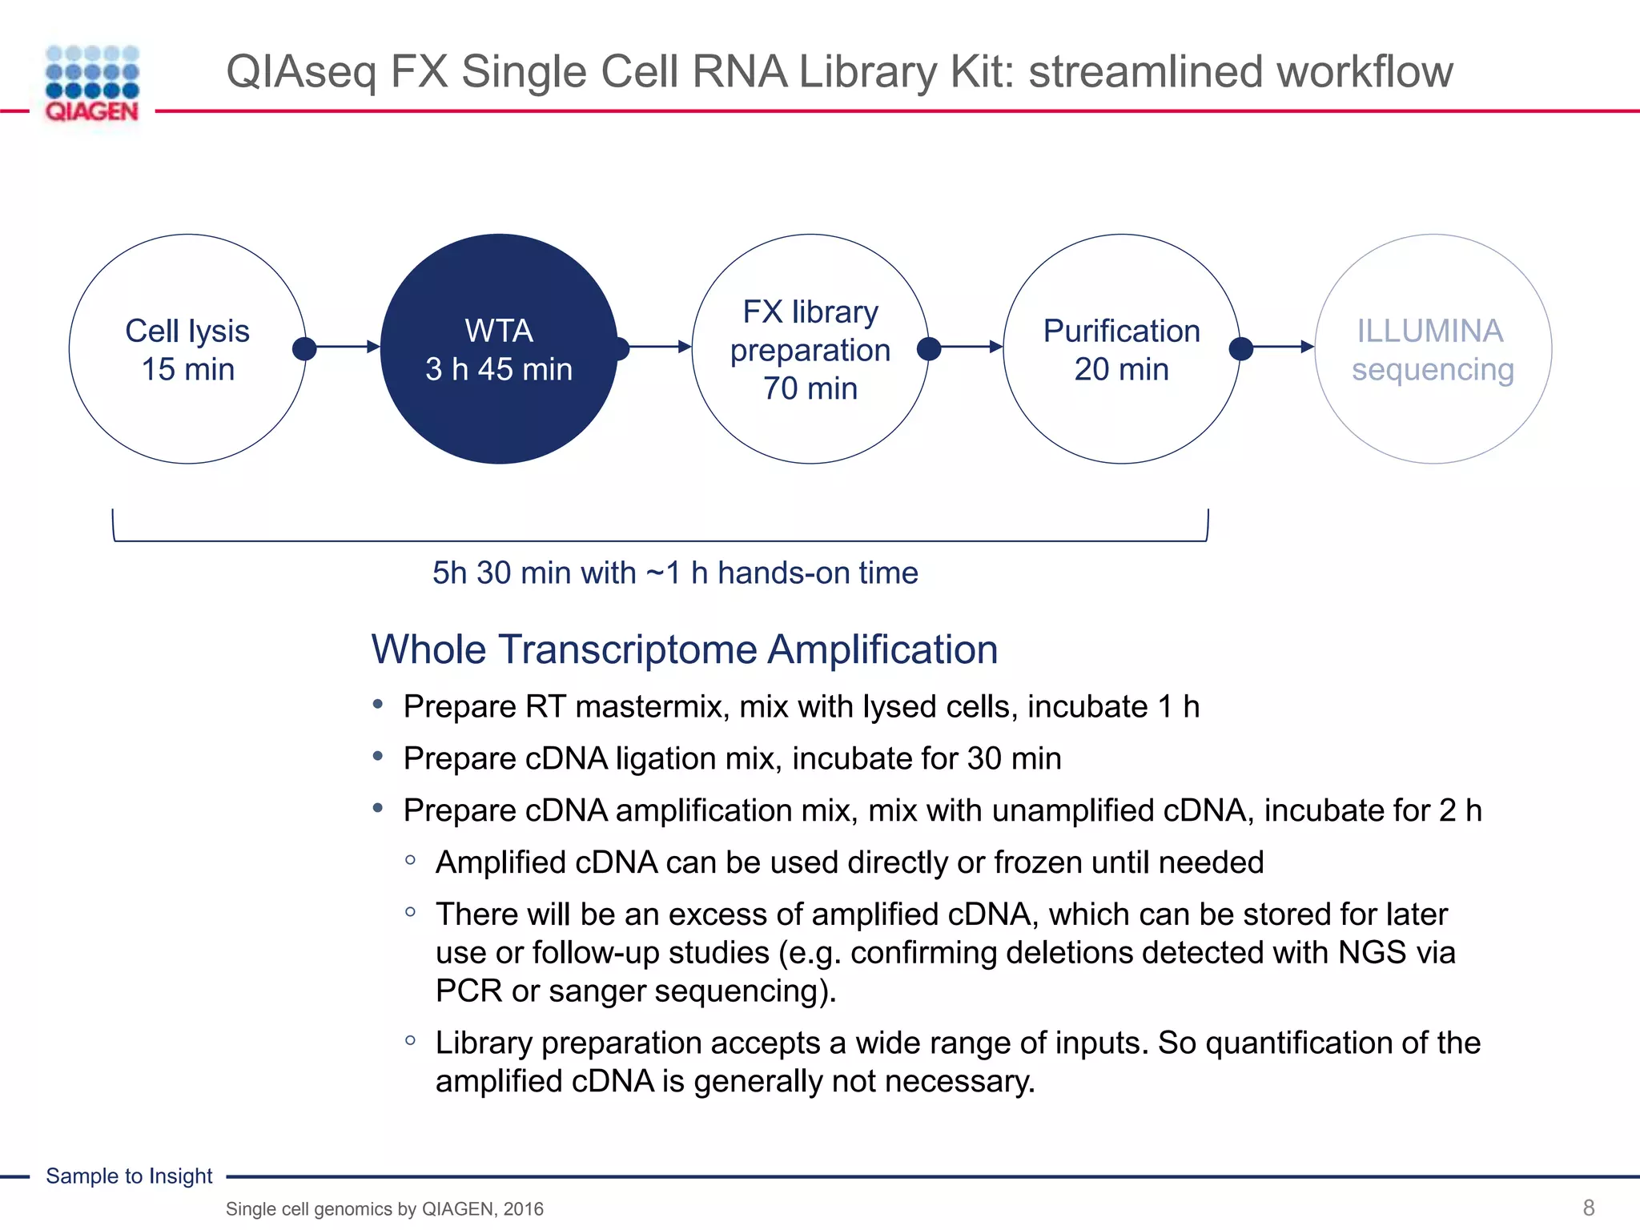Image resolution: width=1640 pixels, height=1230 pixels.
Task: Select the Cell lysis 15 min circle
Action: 187,349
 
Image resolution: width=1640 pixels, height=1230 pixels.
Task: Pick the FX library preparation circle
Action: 810,349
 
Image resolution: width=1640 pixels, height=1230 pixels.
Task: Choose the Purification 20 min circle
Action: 1121,349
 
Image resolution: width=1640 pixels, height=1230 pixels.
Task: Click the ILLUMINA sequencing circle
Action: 1433,349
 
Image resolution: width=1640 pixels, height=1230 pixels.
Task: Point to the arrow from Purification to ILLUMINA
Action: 1280,347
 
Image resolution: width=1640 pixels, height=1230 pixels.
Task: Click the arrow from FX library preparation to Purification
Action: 968,347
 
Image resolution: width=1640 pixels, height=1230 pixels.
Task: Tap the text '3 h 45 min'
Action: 499,370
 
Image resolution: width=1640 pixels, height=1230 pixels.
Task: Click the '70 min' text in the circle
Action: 810,389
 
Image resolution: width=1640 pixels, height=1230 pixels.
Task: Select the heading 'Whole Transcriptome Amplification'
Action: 685,649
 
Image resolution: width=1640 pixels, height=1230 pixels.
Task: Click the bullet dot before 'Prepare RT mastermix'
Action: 378,705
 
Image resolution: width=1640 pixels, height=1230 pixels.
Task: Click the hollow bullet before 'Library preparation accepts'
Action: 411,1040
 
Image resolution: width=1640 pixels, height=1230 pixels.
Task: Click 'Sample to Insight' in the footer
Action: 129,1176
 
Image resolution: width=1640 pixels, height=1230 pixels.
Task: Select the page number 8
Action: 1589,1208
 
